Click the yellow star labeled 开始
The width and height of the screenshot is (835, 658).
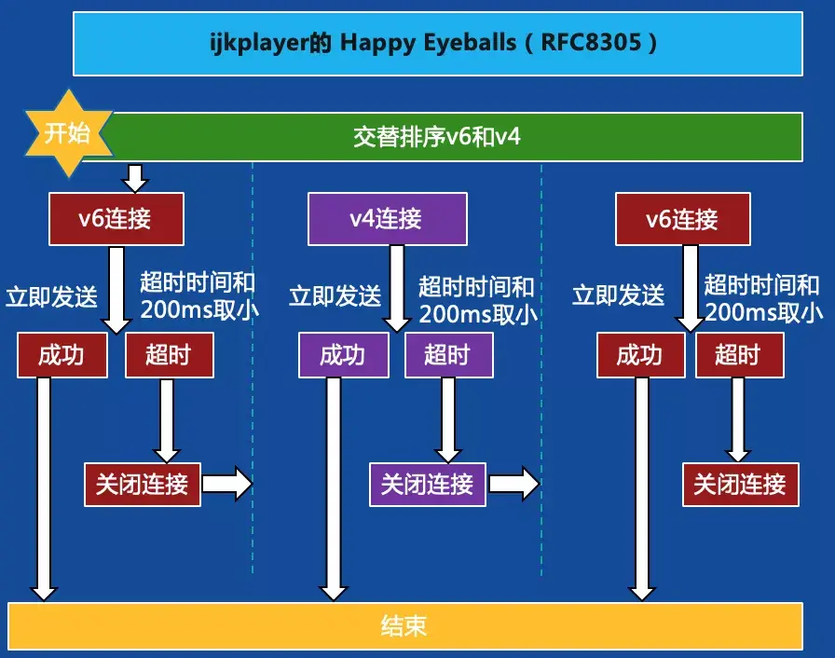(x=69, y=133)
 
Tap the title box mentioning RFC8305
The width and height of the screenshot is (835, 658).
(x=438, y=44)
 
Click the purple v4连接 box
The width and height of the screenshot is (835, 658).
(x=388, y=219)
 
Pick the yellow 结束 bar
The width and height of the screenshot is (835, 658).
(x=405, y=626)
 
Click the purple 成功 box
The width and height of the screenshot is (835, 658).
(x=344, y=355)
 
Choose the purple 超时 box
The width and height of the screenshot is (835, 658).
(x=449, y=355)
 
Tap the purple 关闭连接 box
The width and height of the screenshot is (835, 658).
(x=428, y=485)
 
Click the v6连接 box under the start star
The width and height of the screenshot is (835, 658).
(x=116, y=219)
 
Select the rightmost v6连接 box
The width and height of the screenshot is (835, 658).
(x=683, y=219)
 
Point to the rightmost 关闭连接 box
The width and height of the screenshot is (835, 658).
(x=741, y=485)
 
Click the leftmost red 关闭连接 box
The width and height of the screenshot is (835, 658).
(x=143, y=485)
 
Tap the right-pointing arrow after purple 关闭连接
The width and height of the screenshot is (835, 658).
(x=513, y=484)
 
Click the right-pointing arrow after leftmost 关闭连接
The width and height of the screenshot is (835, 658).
(x=227, y=484)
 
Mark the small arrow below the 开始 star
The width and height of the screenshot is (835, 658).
(x=135, y=178)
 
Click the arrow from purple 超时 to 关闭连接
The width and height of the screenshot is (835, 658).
(x=448, y=420)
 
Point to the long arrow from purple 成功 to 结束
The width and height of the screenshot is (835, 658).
(x=334, y=489)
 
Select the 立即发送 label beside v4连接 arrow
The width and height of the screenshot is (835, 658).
(x=335, y=296)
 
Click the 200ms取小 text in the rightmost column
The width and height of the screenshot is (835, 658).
(x=764, y=312)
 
